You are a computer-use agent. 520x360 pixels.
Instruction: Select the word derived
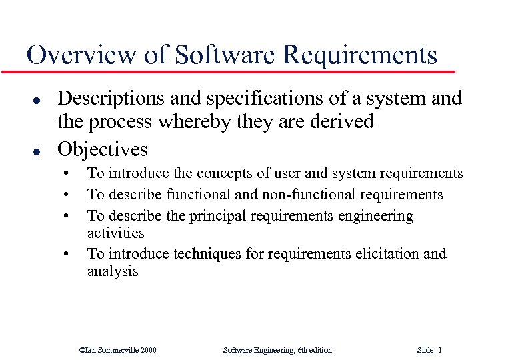click(339, 123)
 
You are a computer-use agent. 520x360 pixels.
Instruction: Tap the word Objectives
click(103, 147)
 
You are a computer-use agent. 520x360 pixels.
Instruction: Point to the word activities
click(116, 233)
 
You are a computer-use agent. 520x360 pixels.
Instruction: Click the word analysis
click(113, 271)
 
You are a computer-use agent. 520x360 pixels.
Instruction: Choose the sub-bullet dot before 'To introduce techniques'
click(67, 255)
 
